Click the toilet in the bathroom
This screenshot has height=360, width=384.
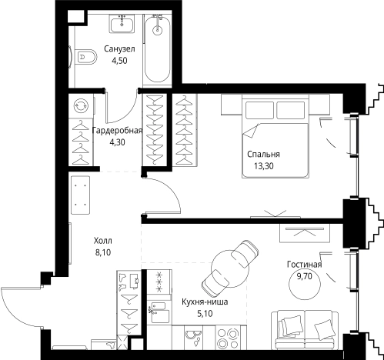tap(86, 57)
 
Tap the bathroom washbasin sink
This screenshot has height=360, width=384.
tap(122, 24)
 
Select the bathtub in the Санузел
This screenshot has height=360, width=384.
tap(157, 48)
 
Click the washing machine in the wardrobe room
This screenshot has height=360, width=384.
tap(81, 106)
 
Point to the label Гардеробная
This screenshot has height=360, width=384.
tap(117, 130)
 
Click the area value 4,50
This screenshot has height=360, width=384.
tap(119, 61)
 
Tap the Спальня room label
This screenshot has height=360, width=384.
tap(263, 154)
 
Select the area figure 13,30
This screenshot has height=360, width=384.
tap(264, 166)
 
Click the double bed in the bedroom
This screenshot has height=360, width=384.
tap(275, 136)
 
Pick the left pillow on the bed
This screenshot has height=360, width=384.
tap(259, 110)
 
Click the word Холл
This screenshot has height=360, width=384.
tap(103, 241)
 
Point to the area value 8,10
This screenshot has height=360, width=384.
tap(103, 253)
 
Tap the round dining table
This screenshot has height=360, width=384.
tap(230, 268)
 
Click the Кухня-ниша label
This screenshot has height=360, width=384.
tap(205, 302)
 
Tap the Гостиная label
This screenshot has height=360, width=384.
tap(304, 265)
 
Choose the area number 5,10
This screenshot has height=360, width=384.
tap(205, 314)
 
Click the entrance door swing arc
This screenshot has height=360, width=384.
tap(18, 308)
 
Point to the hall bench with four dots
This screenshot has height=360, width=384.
tap(80, 195)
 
